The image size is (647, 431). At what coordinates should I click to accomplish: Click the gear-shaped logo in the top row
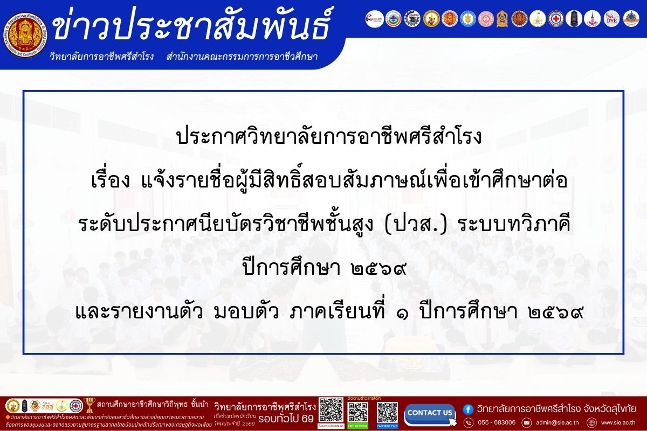click(411, 19)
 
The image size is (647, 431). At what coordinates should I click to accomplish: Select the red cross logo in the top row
click(556, 19)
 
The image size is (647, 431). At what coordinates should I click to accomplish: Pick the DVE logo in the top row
click(611, 19)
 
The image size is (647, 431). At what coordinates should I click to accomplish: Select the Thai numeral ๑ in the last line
click(404, 311)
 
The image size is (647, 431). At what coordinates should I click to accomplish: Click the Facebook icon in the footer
click(468, 408)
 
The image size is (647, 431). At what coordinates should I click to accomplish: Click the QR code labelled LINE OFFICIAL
click(358, 412)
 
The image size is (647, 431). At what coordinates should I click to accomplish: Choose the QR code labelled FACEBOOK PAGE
click(387, 412)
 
